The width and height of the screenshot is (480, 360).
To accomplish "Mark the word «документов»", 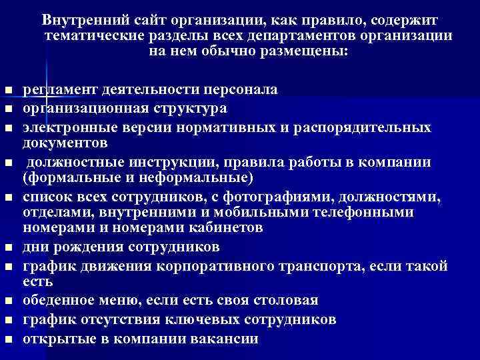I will coord(63,143).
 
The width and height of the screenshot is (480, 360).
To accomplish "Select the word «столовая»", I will coord(286,300).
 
